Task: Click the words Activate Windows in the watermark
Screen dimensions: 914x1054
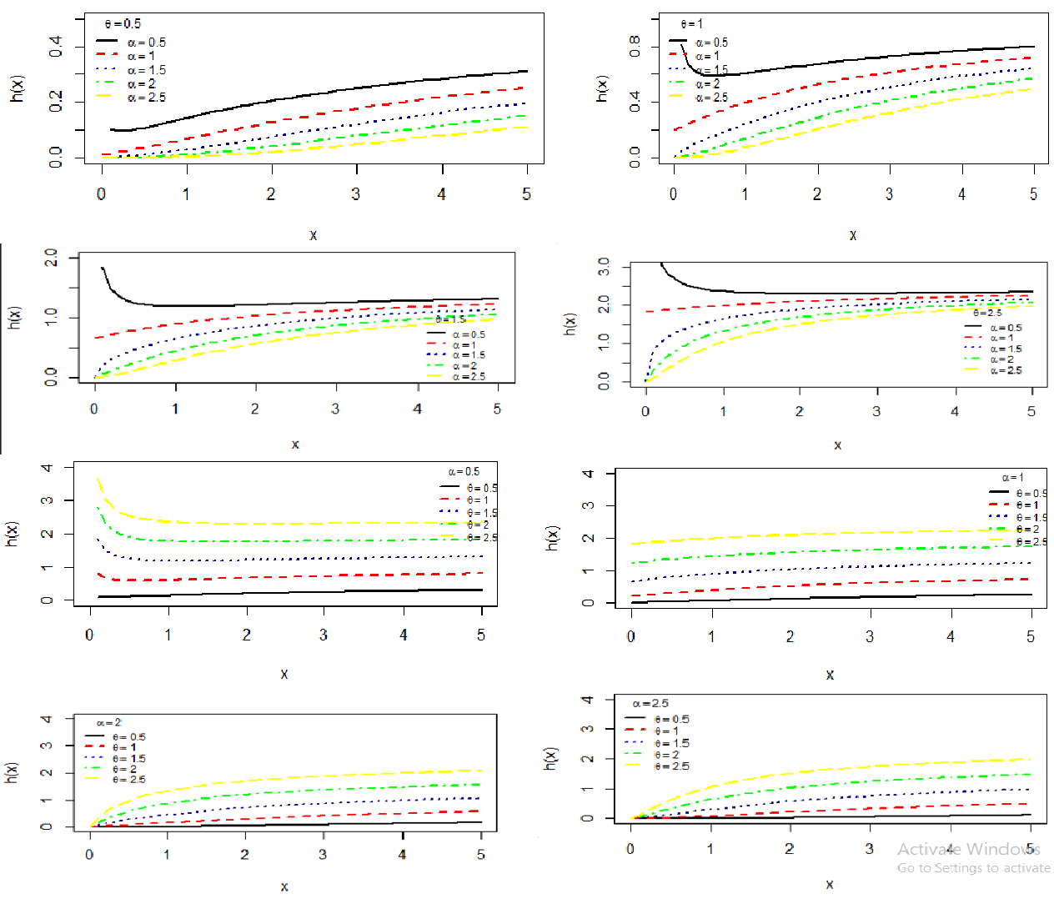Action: tap(968, 849)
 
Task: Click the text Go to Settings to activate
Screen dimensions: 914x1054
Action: tap(973, 868)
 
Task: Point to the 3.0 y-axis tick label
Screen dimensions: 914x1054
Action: tap(604, 268)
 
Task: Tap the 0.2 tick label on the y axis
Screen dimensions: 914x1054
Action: tap(56, 102)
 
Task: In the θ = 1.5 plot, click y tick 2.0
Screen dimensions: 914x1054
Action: tap(51, 258)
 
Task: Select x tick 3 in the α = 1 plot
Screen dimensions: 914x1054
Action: tap(870, 637)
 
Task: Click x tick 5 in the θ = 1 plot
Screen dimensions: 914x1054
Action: tap(1033, 194)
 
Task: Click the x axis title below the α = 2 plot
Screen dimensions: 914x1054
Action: tap(284, 886)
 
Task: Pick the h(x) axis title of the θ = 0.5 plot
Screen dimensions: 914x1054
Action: tap(18, 88)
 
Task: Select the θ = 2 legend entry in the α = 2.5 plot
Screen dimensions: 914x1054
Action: tap(667, 755)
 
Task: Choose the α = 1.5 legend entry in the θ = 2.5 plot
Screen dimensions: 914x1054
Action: tap(1006, 349)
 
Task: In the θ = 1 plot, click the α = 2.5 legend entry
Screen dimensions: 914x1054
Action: tap(711, 98)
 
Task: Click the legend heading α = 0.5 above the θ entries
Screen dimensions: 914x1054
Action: tap(464, 472)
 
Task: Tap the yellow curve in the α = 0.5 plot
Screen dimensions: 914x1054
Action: tap(292, 524)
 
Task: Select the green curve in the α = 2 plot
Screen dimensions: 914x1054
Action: tap(292, 791)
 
